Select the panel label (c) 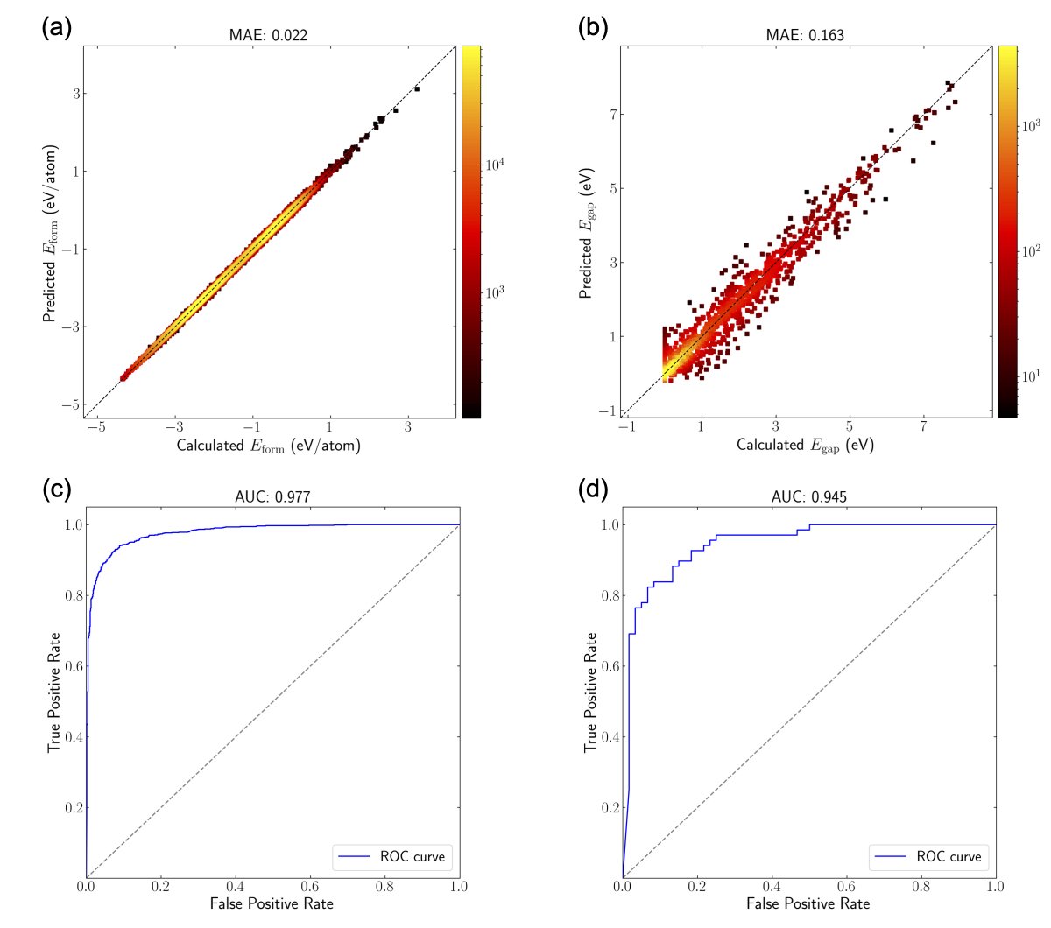[56, 489]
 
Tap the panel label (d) [593, 489]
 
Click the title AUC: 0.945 [808, 497]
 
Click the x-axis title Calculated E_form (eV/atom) [268, 446]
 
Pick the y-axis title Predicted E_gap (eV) [586, 233]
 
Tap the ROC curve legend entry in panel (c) [391, 857]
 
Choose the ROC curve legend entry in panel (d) [928, 857]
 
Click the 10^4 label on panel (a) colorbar [495, 164]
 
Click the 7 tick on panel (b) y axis [615, 114]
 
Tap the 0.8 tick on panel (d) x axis [921, 886]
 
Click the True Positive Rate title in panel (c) [55, 692]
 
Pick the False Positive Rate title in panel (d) [808, 903]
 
